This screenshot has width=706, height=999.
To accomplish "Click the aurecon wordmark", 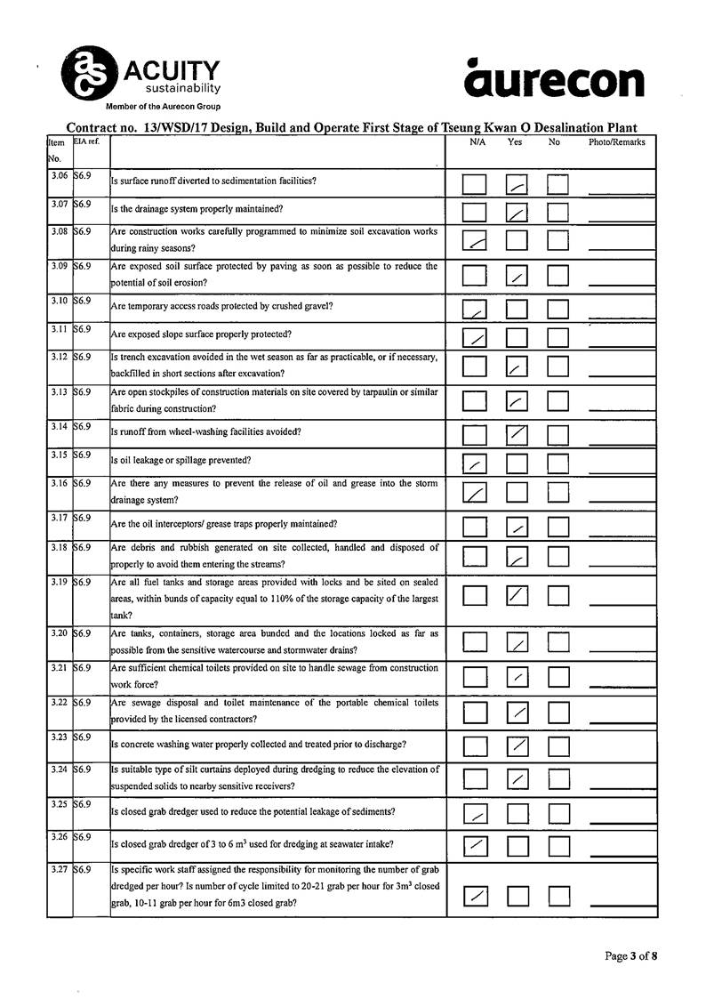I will tap(554, 79).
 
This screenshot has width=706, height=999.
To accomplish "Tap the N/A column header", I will tap(477, 142).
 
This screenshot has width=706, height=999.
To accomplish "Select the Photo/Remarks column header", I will tap(617, 142).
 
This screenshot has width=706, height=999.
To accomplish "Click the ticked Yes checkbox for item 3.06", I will tap(517, 185).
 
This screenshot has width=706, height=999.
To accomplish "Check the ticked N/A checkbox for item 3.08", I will tap(476, 241).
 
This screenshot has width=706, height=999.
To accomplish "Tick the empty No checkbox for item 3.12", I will tap(558, 366).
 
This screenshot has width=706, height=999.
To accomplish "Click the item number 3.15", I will tap(60, 455).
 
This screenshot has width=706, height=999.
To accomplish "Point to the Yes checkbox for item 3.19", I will tap(517, 596).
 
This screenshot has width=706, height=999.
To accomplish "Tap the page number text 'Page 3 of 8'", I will tap(631, 957).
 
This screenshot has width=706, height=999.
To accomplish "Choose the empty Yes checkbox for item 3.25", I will tap(517, 814).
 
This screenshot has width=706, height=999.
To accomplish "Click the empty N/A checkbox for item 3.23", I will tap(476, 745).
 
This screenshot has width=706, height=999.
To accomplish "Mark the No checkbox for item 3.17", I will tap(558, 528).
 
